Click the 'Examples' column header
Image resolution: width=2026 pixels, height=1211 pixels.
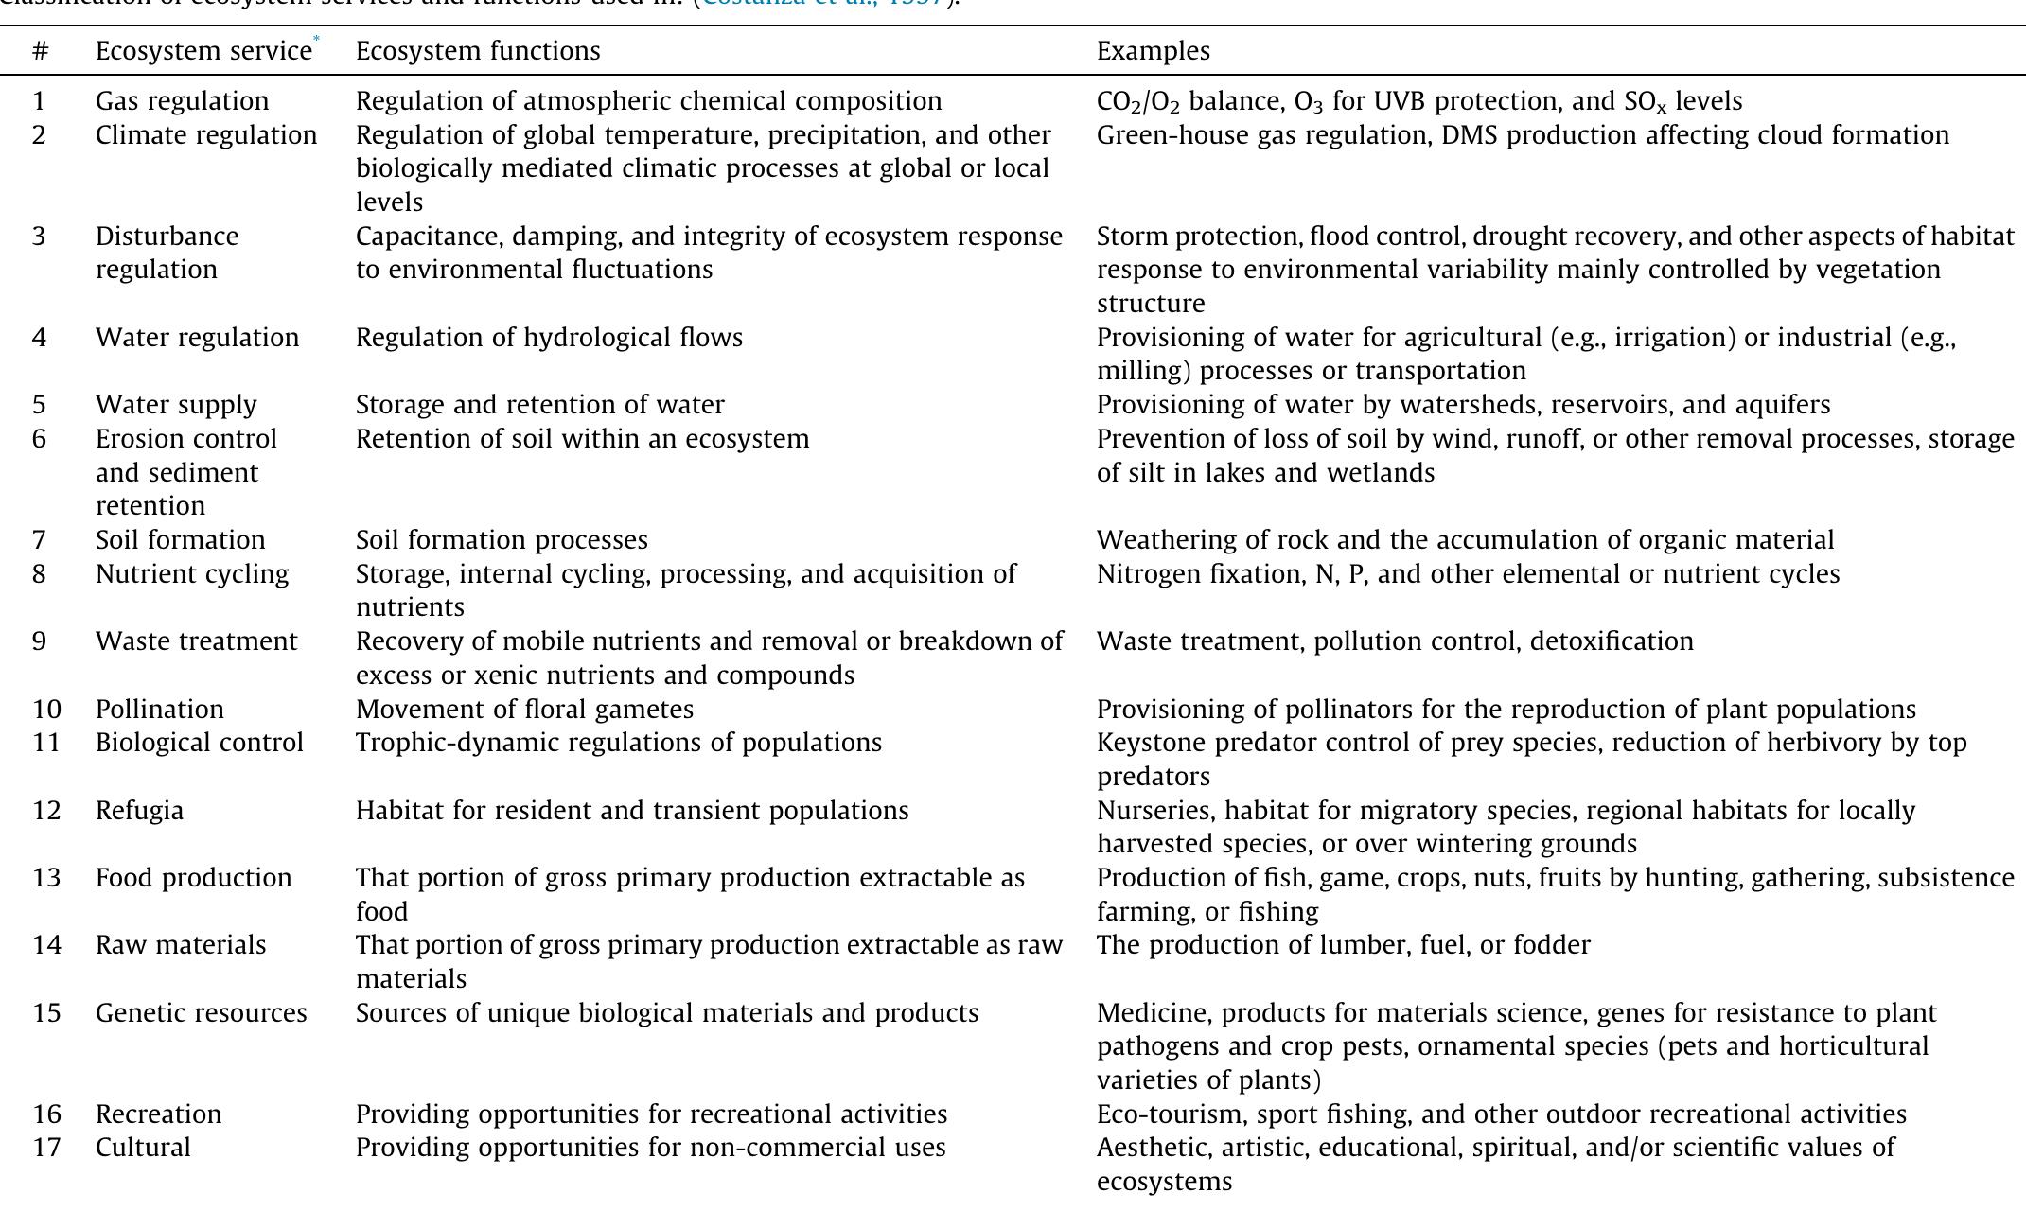pos(1153,51)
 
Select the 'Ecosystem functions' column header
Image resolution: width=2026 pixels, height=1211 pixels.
pos(478,51)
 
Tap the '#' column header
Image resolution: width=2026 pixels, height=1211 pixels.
pos(40,51)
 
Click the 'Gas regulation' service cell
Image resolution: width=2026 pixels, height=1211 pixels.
pos(182,101)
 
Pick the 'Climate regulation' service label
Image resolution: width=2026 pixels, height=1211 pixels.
pos(206,135)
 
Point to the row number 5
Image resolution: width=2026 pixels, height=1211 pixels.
pos(39,405)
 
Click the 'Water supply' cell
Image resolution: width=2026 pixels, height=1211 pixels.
pos(176,405)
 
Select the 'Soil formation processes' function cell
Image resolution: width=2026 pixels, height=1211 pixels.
pos(502,540)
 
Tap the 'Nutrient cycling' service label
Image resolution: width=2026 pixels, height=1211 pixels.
pos(192,574)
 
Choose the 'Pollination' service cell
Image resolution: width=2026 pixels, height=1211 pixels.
pos(160,710)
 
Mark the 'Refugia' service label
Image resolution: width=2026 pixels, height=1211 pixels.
pos(139,811)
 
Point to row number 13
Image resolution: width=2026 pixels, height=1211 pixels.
pos(45,878)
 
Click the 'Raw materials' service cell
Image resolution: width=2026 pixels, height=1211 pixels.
pos(181,945)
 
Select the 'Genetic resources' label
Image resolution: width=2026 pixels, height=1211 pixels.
pos(201,1013)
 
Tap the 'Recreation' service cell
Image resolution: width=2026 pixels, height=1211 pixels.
pos(158,1114)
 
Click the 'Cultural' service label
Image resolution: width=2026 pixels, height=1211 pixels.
pos(143,1148)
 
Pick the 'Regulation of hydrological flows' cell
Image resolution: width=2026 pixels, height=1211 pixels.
pos(549,338)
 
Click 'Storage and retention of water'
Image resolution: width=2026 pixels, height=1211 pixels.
pos(539,405)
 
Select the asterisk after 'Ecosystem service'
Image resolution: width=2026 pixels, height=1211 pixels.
pos(317,39)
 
